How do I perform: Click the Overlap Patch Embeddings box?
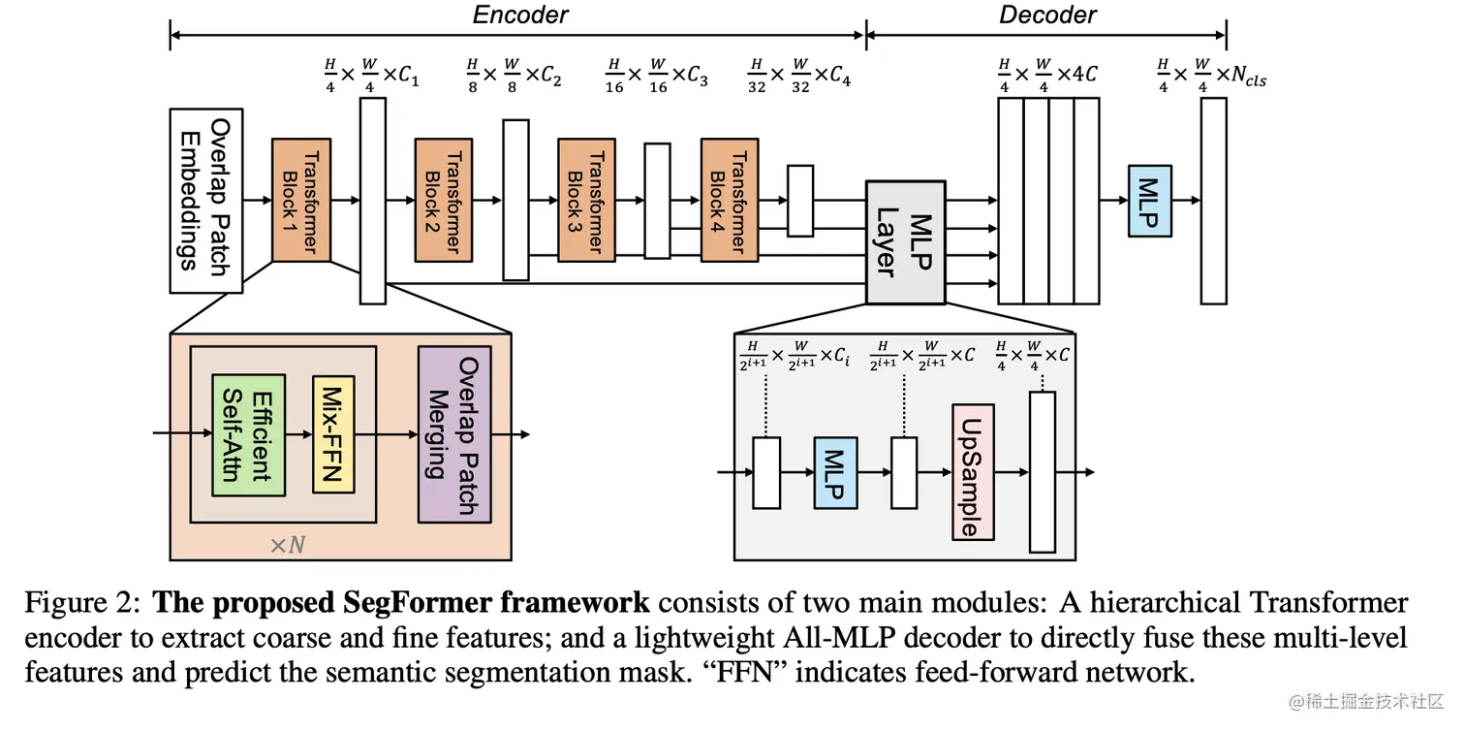pos(206,201)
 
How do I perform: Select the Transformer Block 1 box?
pos(301,201)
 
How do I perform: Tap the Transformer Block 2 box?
pos(443,201)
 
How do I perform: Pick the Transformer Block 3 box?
pos(585,201)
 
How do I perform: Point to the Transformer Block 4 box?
pos(729,201)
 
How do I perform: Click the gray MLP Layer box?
pos(905,242)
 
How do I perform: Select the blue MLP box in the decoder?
pos(1149,201)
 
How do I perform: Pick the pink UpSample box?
pos(973,472)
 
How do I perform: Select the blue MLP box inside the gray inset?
pos(836,472)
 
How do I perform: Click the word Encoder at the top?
pos(520,15)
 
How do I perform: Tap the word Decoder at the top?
pos(1047,15)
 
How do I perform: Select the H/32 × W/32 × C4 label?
pos(799,76)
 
